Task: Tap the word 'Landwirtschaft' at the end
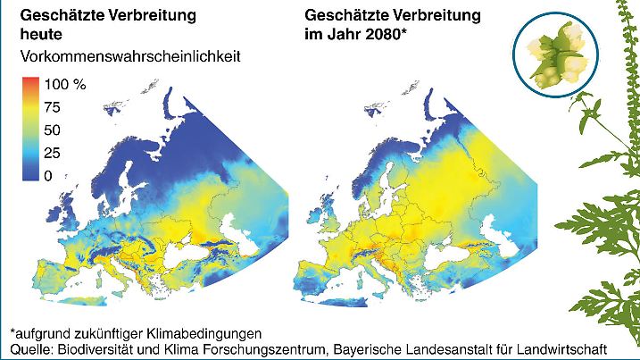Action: click(565, 347)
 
